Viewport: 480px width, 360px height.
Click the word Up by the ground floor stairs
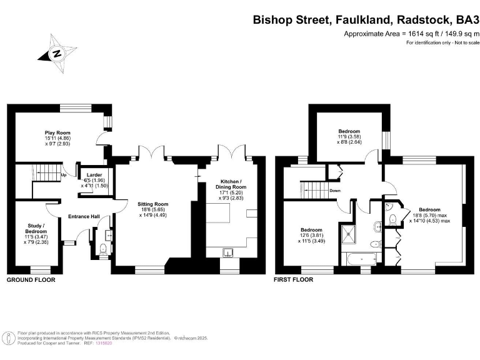tap(64, 174)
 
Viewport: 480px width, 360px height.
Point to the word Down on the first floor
tap(335, 190)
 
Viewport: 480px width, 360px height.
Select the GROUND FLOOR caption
tap(31, 280)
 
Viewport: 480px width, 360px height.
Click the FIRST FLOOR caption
tap(293, 280)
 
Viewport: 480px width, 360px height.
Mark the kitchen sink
tap(229, 252)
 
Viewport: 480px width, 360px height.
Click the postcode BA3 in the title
tap(464, 19)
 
